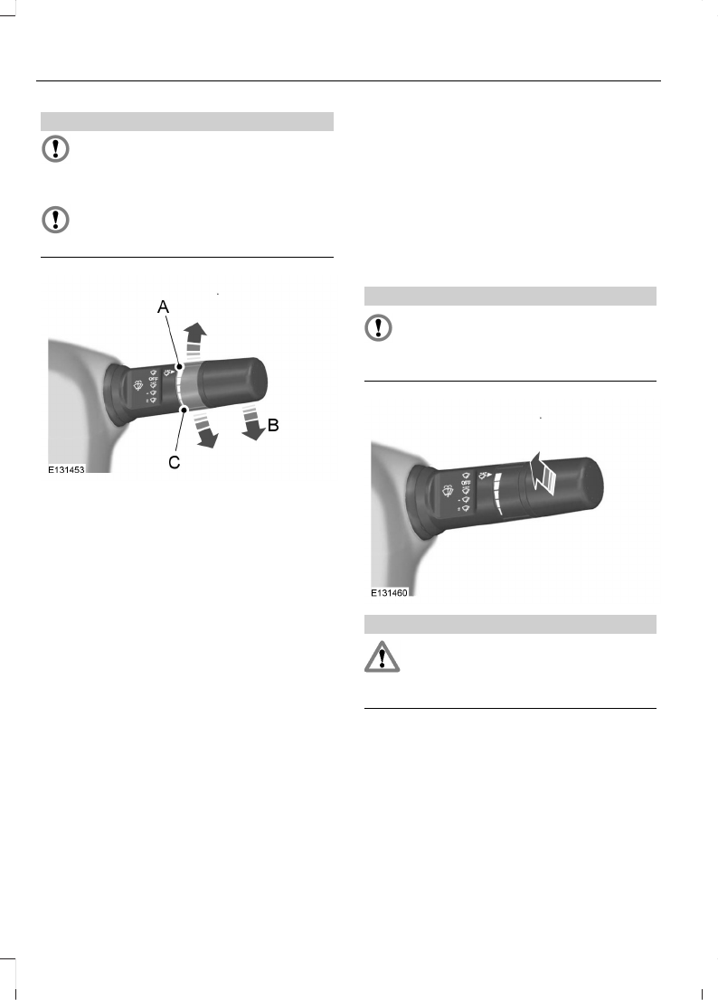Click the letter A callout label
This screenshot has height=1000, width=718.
point(164,307)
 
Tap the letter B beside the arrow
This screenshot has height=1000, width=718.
point(273,425)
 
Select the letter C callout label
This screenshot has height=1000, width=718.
point(175,462)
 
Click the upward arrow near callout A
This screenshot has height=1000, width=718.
point(194,339)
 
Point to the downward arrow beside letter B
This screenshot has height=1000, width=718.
point(252,421)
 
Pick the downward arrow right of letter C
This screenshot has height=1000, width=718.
point(205,429)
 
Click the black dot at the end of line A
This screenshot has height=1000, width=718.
point(181,367)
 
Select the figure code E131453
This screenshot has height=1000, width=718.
point(66,469)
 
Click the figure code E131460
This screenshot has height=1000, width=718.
point(389,592)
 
